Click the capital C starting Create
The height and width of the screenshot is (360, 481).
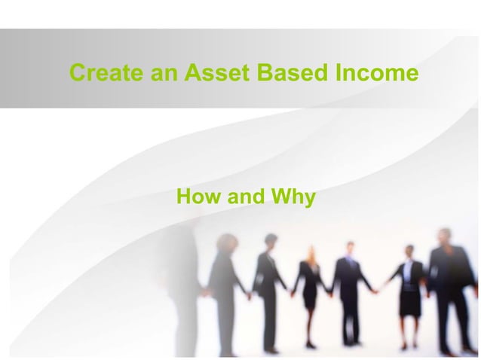(76, 74)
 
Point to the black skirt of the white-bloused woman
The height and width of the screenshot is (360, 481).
(409, 301)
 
